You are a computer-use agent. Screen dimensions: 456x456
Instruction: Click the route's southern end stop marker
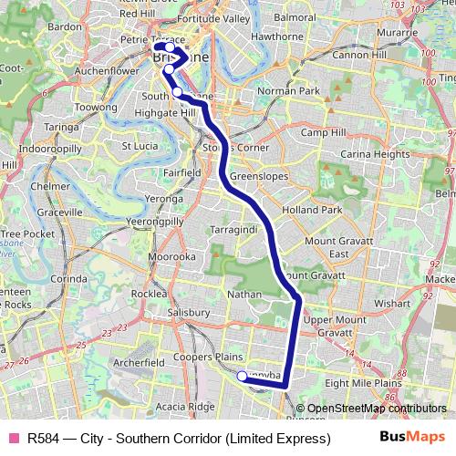242,377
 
